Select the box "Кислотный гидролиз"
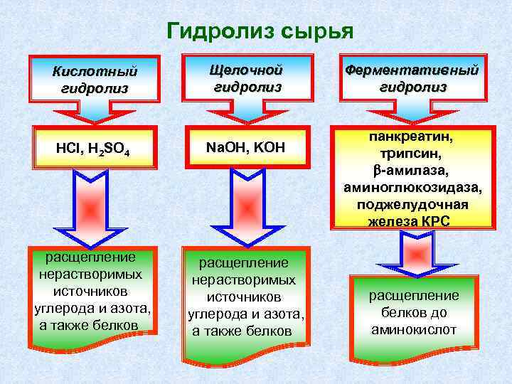point(95,80)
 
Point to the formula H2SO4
point(109,149)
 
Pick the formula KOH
point(267,147)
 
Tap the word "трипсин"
point(413,153)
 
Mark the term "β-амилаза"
point(413,171)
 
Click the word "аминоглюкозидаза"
point(413,188)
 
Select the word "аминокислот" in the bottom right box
point(413,329)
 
